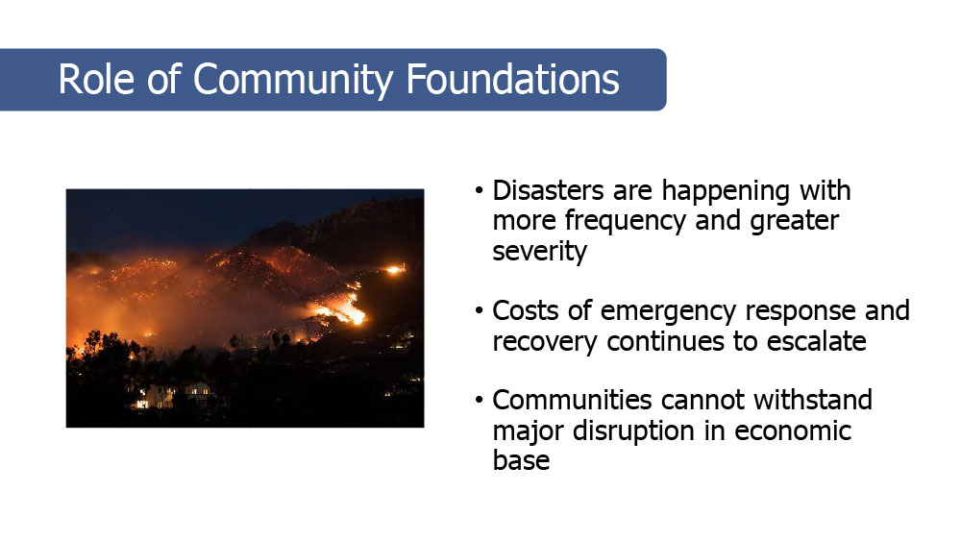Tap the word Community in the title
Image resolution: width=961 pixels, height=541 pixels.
click(293, 81)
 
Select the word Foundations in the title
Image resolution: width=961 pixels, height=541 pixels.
click(512, 79)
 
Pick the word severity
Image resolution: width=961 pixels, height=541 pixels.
click(539, 251)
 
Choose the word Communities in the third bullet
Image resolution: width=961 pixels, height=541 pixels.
click(572, 400)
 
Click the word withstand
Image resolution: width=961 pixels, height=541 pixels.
click(813, 400)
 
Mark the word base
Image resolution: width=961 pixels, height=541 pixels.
click(521, 460)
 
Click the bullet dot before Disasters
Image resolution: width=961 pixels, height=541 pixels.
click(480, 190)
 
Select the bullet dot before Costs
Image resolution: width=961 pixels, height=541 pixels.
click(480, 310)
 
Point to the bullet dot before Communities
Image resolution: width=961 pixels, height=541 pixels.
click(480, 400)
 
